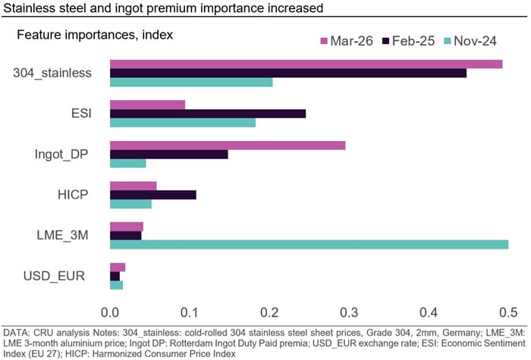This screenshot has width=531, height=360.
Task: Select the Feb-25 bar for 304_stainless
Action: [288, 73]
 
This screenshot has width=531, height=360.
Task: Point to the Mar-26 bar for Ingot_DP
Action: [228, 145]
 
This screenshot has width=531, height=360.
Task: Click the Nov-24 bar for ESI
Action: [183, 123]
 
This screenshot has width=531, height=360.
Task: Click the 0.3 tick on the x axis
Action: [349, 311]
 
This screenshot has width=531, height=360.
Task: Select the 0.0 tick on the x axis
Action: [111, 311]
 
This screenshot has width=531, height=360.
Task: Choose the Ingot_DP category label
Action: [62, 155]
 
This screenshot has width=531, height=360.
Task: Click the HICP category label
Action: [73, 195]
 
